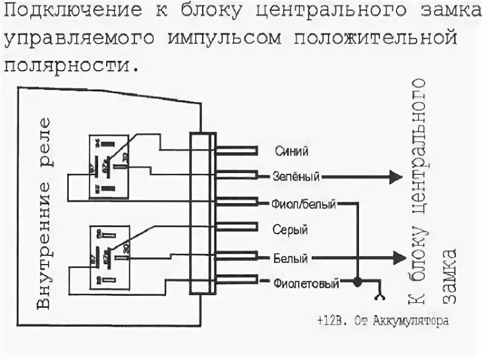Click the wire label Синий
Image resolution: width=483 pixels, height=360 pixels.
pyautogui.click(x=292, y=151)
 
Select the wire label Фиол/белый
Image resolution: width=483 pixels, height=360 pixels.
pyautogui.click(x=304, y=204)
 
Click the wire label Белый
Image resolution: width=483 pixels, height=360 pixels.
pyautogui.click(x=291, y=258)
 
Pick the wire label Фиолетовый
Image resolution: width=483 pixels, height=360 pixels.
pyautogui.click(x=306, y=283)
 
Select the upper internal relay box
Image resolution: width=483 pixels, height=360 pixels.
pyautogui.click(x=108, y=166)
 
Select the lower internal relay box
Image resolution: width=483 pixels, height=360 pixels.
pyautogui.click(x=108, y=256)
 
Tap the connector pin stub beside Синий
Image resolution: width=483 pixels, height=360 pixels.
pyautogui.click(x=237, y=151)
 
